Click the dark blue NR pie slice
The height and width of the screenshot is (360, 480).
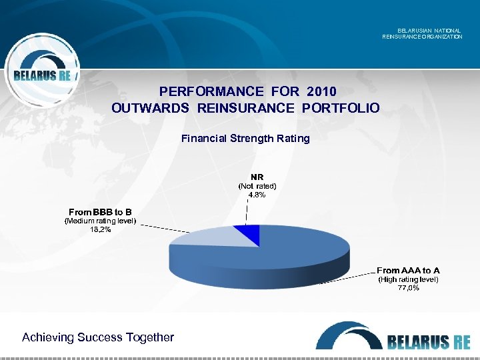pyautogui.click(x=249, y=233)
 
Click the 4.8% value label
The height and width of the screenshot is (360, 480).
pyautogui.click(x=257, y=195)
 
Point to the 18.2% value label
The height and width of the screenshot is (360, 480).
pyautogui.click(x=100, y=229)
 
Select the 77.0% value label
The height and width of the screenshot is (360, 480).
pyautogui.click(x=408, y=288)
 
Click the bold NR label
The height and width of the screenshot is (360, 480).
pyautogui.click(x=257, y=177)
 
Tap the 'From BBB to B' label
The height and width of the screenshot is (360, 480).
pyautogui.click(x=100, y=212)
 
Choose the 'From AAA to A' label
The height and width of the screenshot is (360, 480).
pyautogui.click(x=408, y=271)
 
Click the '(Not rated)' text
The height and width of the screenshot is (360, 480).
pyautogui.click(x=257, y=186)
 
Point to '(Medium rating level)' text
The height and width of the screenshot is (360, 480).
pyautogui.click(x=100, y=221)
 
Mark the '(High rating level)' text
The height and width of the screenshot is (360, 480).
pyautogui.click(x=408, y=279)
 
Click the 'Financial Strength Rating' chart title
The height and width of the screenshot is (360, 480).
pyautogui.click(x=245, y=139)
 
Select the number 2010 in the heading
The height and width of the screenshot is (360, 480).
pyautogui.click(x=321, y=91)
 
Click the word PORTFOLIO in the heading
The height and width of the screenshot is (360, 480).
pyautogui.click(x=341, y=108)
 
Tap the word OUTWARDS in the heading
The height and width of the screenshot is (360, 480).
pyautogui.click(x=151, y=108)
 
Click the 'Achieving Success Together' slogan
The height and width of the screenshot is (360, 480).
pyautogui.click(x=98, y=337)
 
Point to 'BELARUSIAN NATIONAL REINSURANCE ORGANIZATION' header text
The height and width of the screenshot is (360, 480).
pyautogui.click(x=422, y=33)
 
